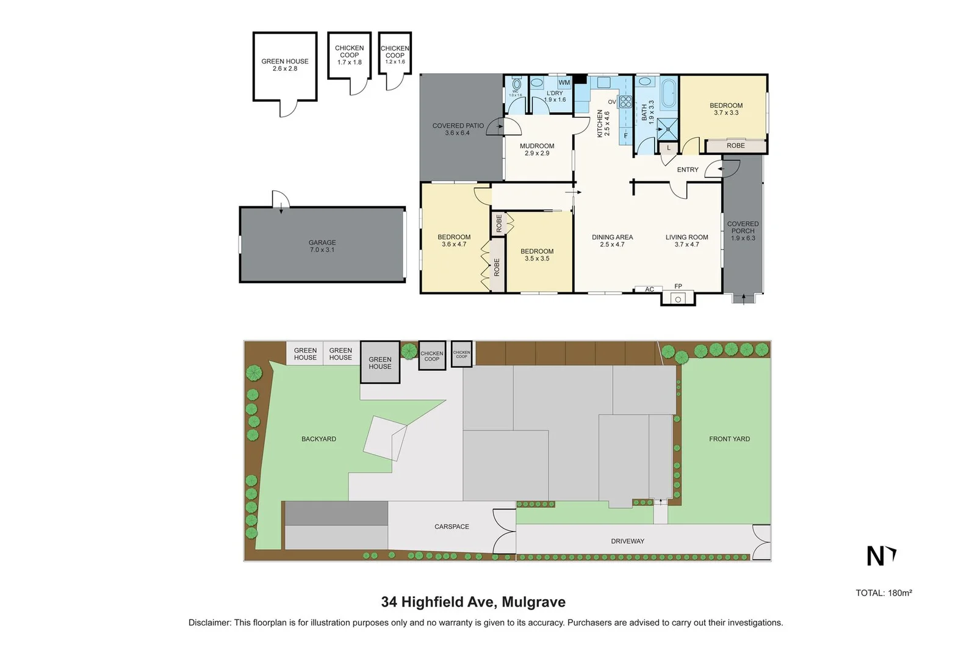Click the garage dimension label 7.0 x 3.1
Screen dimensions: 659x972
[322, 250]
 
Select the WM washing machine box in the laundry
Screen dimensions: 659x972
[564, 82]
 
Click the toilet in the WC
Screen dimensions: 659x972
[516, 84]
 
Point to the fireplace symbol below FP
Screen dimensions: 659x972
[678, 299]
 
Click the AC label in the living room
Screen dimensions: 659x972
[649, 289]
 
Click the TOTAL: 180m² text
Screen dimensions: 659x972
[883, 592]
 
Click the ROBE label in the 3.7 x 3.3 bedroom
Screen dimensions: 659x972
[735, 146]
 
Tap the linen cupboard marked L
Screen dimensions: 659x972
[668, 148]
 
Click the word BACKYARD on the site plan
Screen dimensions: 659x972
[319, 439]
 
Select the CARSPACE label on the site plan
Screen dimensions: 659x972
[452, 527]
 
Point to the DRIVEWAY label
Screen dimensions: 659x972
[627, 541]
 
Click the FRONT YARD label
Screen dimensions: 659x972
[729, 439]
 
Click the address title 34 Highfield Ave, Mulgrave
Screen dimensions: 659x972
[473, 602]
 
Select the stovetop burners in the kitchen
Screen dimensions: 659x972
[625, 101]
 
